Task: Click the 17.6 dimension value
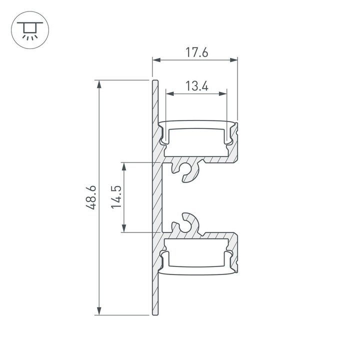(194, 52)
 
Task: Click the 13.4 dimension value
(196, 86)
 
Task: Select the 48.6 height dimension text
(90, 198)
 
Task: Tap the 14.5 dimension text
(116, 197)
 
